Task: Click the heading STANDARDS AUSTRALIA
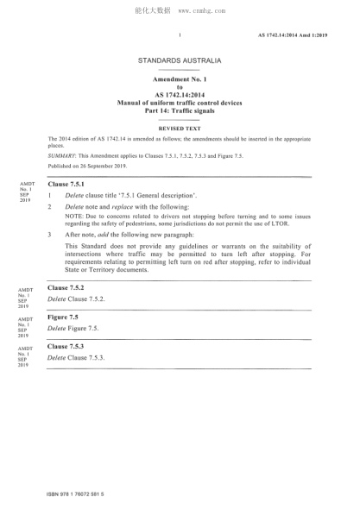[x=180, y=60]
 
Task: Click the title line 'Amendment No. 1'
[x=180, y=79]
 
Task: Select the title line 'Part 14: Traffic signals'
[x=180, y=109]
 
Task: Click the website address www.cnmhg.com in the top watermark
[x=201, y=11]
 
